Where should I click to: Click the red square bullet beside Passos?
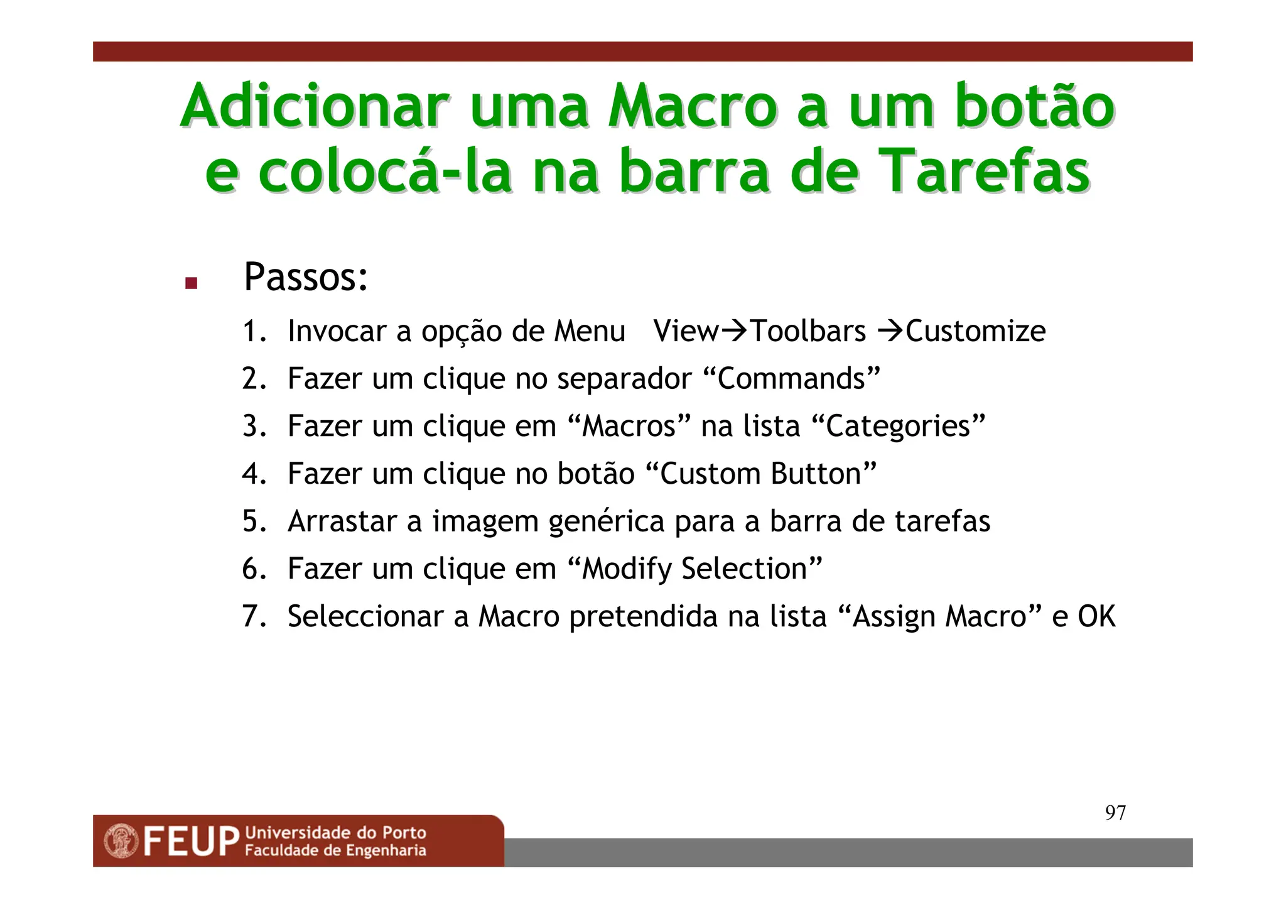192,283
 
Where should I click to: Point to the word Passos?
305,277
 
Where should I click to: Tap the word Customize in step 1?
976,331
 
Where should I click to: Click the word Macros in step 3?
629,427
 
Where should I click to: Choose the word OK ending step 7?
1096,616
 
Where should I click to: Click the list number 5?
254,521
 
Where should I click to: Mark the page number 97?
1115,813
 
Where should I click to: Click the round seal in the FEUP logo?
121,841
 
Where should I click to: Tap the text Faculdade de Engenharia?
335,851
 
